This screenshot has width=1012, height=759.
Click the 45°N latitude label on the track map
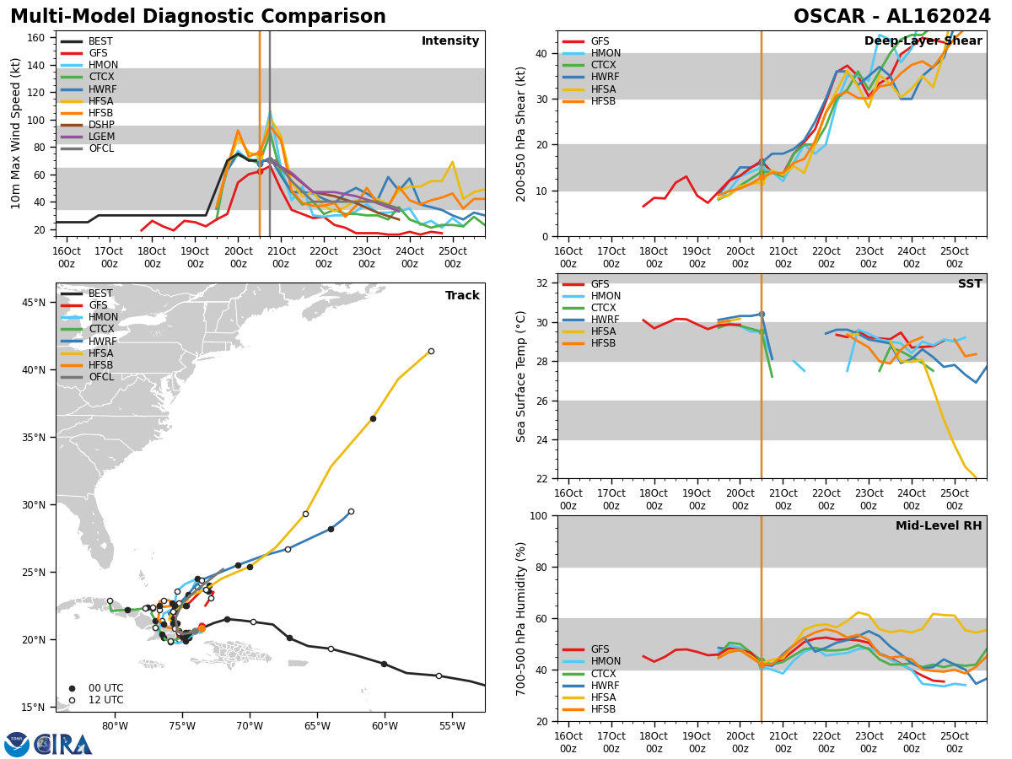point(33,303)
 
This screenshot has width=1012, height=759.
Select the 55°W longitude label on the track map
point(452,726)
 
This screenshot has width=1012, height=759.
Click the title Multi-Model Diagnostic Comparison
point(197,17)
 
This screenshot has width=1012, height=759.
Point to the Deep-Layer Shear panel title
point(923,41)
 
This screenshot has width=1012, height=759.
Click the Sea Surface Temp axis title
point(522,376)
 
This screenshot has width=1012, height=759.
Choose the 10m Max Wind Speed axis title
point(16,133)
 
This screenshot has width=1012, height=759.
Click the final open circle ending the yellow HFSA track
point(431,352)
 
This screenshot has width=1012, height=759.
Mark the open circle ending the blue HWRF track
point(351,511)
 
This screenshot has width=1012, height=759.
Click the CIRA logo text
point(64,745)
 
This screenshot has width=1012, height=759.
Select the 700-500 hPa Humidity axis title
point(522,618)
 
